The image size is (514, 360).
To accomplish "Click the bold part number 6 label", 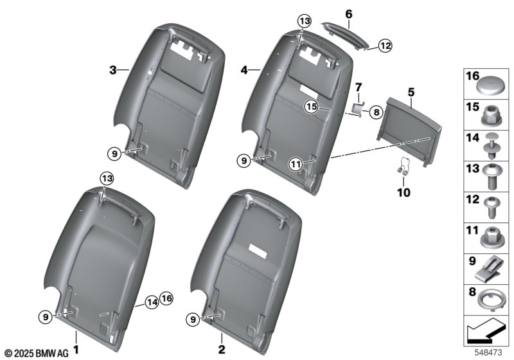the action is tap(349, 14).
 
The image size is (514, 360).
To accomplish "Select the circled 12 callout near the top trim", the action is tap(385, 46).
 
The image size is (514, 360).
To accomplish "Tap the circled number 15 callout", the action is tap(312, 107).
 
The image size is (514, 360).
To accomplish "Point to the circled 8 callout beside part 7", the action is tap(377, 113).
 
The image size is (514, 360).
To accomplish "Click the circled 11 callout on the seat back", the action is tap(296, 164).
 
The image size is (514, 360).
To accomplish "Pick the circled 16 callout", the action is tap(166, 298).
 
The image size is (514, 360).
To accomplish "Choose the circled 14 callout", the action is tap(152, 301).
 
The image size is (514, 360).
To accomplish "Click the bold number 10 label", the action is tap(403, 192).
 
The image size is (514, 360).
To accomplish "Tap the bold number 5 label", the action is tap(411, 93).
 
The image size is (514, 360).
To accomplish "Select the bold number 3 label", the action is tap(113, 70).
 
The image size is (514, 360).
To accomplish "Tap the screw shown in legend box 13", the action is tap(492, 177).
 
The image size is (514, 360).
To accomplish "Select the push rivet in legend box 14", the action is tap(492, 146).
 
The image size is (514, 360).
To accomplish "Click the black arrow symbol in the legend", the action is tap(484, 330).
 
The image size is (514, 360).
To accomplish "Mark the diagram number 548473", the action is tap(488, 352).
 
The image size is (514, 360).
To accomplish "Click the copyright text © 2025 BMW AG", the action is tap(37, 354).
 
